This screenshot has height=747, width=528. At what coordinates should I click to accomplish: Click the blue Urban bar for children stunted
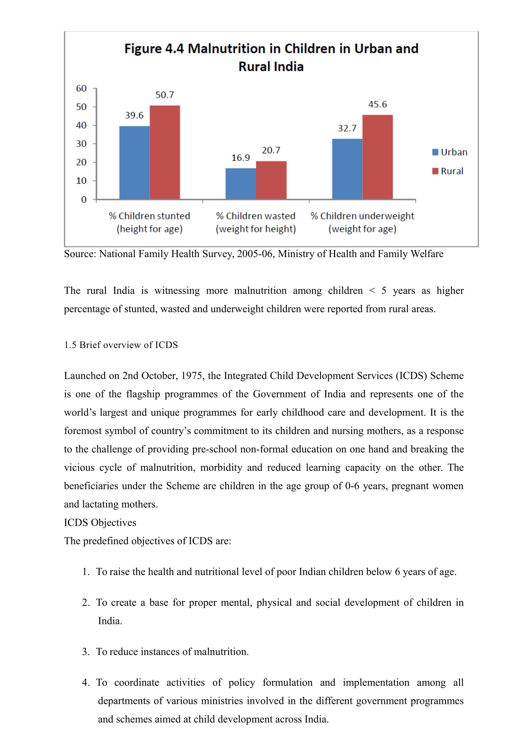(134, 162)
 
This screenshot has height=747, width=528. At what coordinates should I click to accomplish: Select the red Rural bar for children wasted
(271, 180)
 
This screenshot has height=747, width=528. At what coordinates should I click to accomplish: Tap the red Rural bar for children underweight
(377, 157)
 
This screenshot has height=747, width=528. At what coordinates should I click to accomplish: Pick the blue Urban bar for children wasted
(241, 184)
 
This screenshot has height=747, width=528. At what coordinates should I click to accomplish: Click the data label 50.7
(165, 95)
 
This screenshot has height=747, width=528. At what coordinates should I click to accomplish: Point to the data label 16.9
(241, 158)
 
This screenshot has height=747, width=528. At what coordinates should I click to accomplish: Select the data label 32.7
(347, 128)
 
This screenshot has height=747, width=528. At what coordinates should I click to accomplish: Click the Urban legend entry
(450, 152)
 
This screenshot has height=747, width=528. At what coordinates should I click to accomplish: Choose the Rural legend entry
(448, 171)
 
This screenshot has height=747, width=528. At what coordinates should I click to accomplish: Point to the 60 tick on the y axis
(81, 88)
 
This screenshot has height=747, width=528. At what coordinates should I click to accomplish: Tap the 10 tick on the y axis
(81, 181)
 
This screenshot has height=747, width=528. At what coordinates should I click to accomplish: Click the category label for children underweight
(362, 222)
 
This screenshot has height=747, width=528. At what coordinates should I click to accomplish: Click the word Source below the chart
(80, 254)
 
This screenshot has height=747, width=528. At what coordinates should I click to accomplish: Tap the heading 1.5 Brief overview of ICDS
(121, 345)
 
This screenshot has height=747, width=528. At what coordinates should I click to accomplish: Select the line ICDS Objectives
(100, 522)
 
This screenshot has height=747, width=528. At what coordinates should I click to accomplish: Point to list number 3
(86, 652)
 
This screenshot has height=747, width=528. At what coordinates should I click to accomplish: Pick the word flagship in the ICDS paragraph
(143, 394)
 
